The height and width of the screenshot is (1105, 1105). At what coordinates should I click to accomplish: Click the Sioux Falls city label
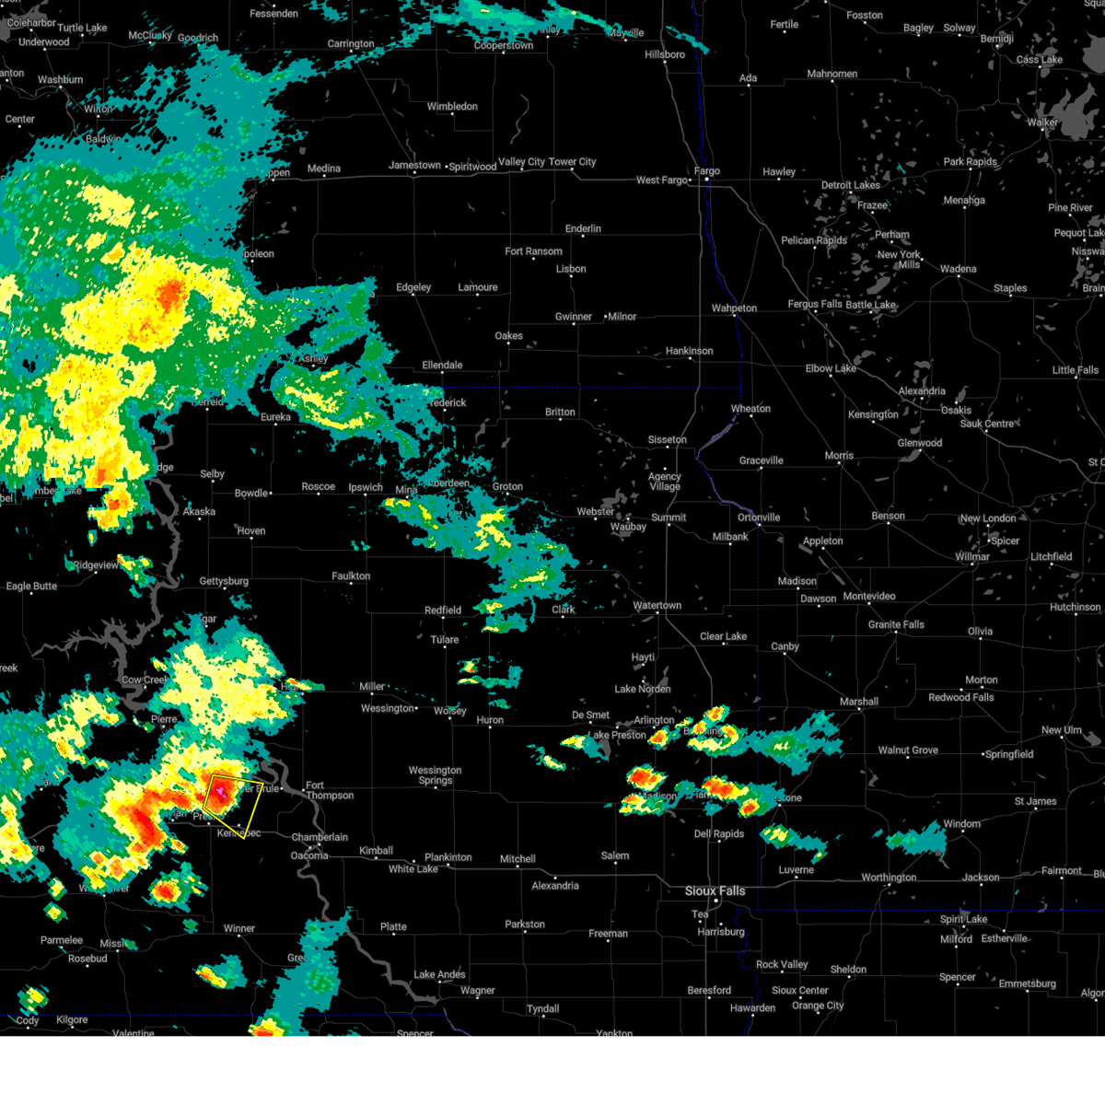[x=715, y=890]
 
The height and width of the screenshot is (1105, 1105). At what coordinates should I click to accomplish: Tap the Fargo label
[x=707, y=171]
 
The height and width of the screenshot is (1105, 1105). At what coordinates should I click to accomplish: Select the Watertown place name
[x=657, y=606]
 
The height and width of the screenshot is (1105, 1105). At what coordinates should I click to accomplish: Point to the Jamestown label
[x=414, y=165]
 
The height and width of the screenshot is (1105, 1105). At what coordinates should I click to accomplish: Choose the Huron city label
[x=490, y=720]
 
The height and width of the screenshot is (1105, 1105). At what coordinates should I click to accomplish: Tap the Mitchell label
[x=518, y=859]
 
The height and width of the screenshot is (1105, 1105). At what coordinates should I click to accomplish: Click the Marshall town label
[x=859, y=702]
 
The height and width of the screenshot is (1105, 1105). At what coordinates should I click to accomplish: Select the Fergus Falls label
[x=815, y=305]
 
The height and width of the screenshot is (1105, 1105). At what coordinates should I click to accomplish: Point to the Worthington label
[x=889, y=878]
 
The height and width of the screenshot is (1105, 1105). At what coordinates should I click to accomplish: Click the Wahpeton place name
[x=734, y=308]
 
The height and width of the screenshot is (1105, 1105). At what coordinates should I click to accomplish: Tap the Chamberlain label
[x=320, y=838]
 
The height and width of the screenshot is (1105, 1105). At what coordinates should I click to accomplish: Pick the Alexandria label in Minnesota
[x=922, y=391]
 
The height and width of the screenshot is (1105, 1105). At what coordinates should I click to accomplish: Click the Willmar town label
[x=972, y=557]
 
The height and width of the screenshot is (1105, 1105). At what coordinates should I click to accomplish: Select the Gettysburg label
[x=224, y=581]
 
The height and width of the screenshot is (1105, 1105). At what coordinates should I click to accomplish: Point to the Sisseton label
[x=667, y=440]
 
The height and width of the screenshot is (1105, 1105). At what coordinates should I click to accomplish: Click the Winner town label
[x=238, y=928]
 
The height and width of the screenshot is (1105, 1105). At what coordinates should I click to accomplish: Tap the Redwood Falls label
[x=961, y=697]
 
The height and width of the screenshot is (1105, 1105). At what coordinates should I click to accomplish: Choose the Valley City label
[x=521, y=161]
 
